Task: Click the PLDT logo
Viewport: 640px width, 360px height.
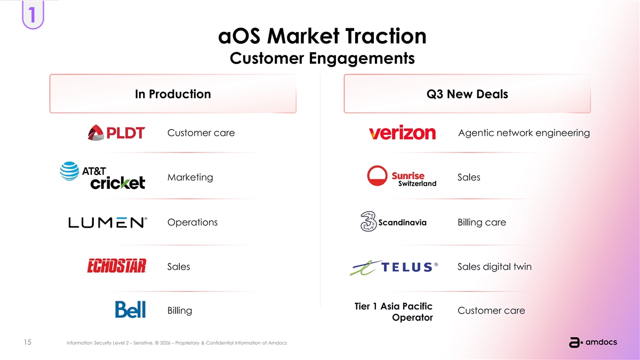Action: [116, 133]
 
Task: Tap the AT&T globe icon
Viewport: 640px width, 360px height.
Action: [69, 171]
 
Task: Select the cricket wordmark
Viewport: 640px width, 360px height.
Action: [118, 183]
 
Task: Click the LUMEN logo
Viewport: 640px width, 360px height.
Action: [108, 222]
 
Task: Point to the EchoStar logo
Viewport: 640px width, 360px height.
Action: [117, 266]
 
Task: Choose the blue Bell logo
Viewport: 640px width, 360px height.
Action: [130, 309]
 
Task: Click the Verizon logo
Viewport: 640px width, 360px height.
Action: [402, 133]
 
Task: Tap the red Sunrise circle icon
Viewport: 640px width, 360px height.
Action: [377, 175]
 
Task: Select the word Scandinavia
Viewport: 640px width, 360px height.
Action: [402, 222]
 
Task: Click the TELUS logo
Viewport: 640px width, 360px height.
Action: [394, 267]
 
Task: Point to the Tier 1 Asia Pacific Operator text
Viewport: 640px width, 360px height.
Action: [394, 311]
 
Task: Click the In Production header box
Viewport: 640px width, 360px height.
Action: [173, 94]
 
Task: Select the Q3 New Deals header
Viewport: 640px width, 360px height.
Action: [467, 94]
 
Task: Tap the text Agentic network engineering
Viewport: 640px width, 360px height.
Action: [524, 133]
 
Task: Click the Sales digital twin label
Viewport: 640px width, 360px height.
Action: [494, 267]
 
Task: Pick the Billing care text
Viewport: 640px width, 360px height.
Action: [482, 222]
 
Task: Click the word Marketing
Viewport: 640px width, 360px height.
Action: [190, 178]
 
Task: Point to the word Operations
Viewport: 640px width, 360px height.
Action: [193, 222]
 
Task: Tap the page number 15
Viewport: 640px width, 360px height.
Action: [27, 342]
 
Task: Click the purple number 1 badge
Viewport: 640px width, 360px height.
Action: [33, 14]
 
